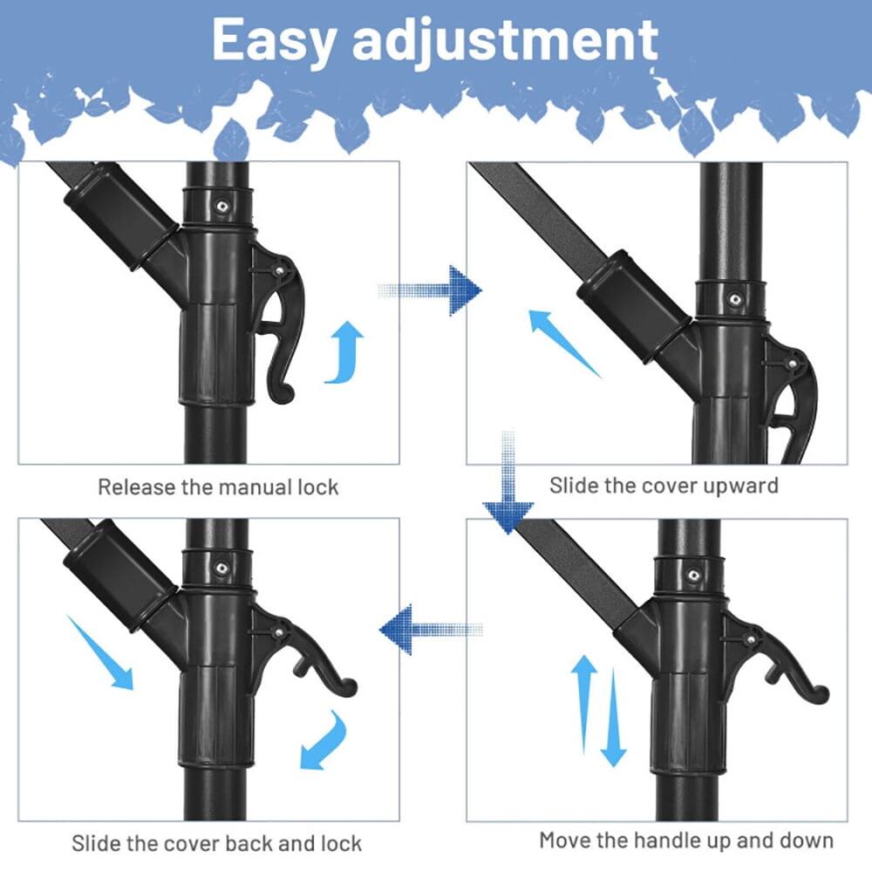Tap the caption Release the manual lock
click(217, 487)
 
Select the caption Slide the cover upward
click(664, 485)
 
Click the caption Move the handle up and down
click(686, 841)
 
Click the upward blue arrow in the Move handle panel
click(583, 702)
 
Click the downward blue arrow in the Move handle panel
click(614, 719)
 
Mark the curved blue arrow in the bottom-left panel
click(324, 740)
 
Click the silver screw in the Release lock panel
click(222, 207)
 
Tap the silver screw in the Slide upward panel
click(735, 299)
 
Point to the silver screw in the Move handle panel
click(694, 576)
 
